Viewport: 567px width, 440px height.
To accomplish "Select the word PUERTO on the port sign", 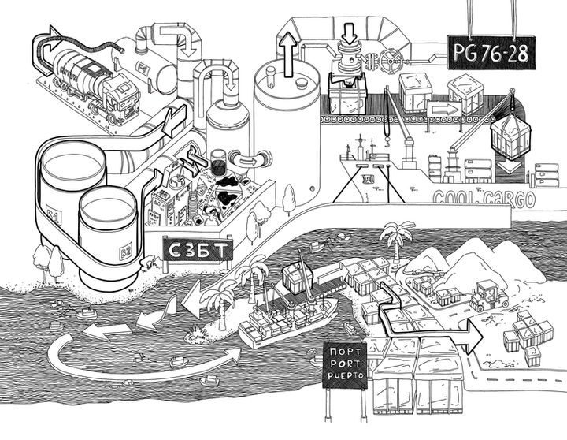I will click(x=346, y=376).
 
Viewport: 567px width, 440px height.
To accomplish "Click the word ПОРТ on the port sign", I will click(x=346, y=352).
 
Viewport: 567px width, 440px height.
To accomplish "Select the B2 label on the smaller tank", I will click(x=122, y=254).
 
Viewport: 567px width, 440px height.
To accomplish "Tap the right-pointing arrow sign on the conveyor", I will click(x=444, y=108).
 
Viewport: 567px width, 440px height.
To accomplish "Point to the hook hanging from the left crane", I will click(x=387, y=144).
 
